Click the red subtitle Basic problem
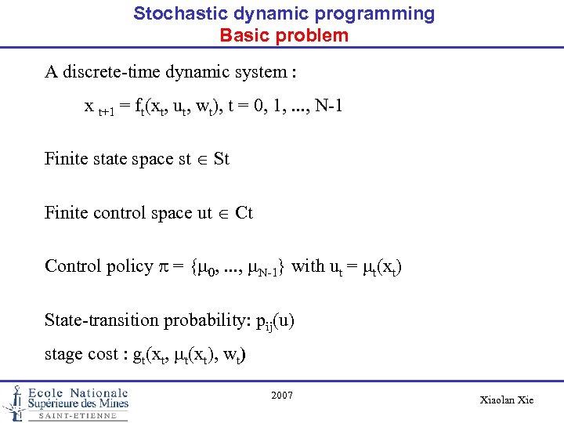pos(284,35)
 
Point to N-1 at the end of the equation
pos(326,105)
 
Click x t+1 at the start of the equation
pos(98,107)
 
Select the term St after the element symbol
pos(221,159)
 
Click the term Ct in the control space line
pos(244,212)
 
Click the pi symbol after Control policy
pos(164,267)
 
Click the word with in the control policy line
pos(308,266)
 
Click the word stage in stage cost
pos(64,354)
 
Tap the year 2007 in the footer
pos(282,396)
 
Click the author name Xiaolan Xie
pos(506,399)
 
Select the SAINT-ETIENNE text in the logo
pos(77,416)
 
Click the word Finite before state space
pos(67,159)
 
